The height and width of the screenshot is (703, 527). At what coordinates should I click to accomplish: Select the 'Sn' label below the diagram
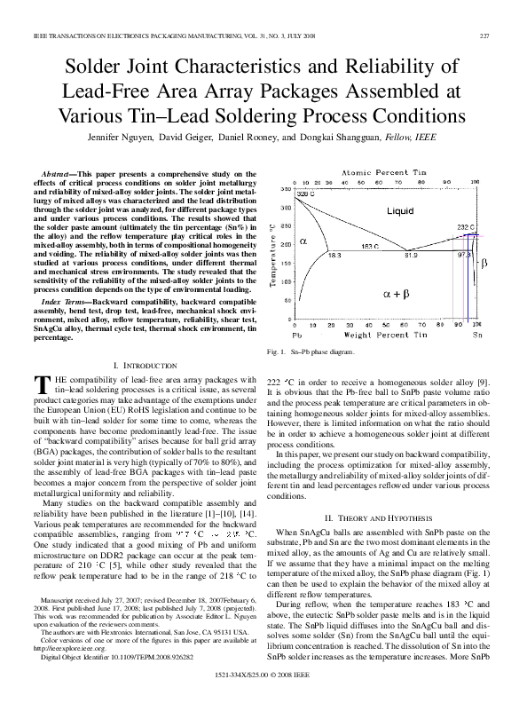point(478,337)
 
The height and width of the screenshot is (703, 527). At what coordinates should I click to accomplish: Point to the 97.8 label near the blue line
point(463,255)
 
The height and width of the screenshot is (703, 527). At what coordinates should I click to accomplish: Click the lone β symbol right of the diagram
point(484,264)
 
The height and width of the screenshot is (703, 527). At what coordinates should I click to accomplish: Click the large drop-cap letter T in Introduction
point(38,384)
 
